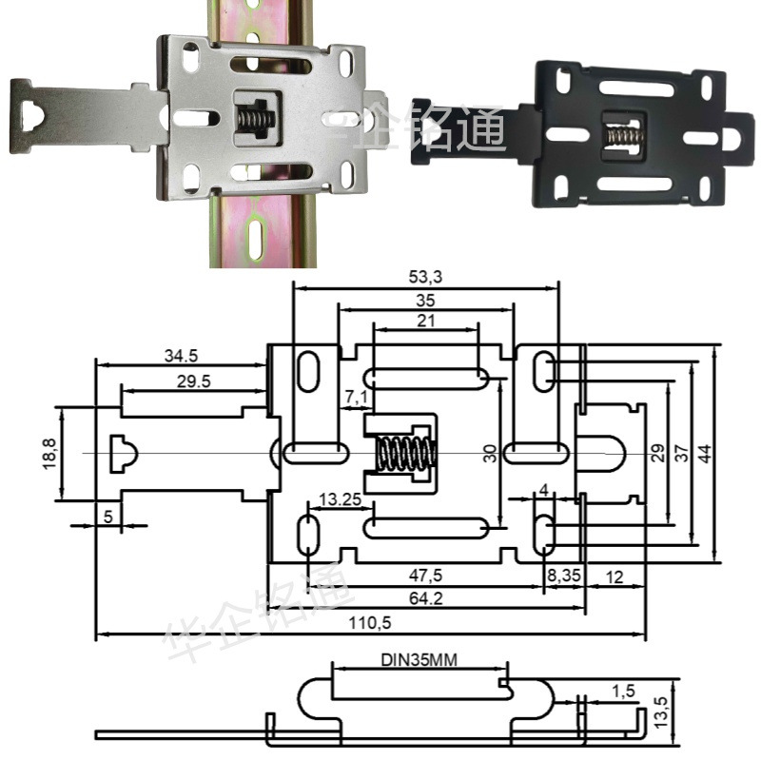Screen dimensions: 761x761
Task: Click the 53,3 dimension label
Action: coord(425,277)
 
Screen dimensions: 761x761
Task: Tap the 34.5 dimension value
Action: coord(181,357)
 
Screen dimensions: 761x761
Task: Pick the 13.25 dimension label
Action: coord(340,498)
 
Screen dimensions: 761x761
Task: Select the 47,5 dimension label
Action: coord(425,576)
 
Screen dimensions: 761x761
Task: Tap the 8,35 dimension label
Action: coord(561,576)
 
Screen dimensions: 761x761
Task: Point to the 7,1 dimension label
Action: coord(354,396)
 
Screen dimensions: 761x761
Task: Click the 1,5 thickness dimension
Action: coord(622,689)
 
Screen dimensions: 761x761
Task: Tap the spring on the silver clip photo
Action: coord(251,120)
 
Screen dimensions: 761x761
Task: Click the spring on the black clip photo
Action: coord(620,136)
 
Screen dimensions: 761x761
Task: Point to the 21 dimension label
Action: coord(425,321)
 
